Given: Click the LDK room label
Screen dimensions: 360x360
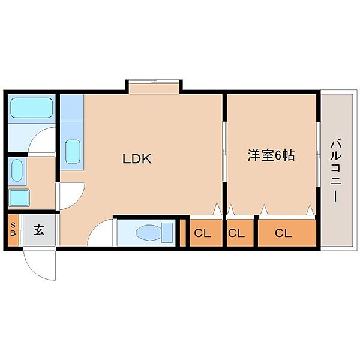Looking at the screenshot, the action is (137, 159).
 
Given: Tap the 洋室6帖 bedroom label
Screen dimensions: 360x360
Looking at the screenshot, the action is (271, 155).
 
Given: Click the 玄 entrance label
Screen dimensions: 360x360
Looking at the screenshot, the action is (39, 230).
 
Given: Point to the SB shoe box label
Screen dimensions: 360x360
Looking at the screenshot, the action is (13, 229).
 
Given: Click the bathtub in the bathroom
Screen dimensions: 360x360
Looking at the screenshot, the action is (31, 108).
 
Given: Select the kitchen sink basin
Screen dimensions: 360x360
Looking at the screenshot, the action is (73, 152).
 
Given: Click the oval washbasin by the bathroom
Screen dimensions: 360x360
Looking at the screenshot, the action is (17, 171).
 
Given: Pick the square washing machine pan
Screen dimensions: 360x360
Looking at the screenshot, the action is (19, 197).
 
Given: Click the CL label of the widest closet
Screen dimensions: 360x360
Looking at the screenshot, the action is (283, 233).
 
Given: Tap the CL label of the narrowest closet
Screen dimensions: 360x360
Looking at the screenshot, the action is (236, 233).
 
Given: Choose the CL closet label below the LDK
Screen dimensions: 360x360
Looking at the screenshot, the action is (202, 233).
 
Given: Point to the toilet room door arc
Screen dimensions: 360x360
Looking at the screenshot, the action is (95, 228).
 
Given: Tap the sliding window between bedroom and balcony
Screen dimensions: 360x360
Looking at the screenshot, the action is (319, 154).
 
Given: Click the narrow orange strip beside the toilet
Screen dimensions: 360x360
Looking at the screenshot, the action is (182, 233).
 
